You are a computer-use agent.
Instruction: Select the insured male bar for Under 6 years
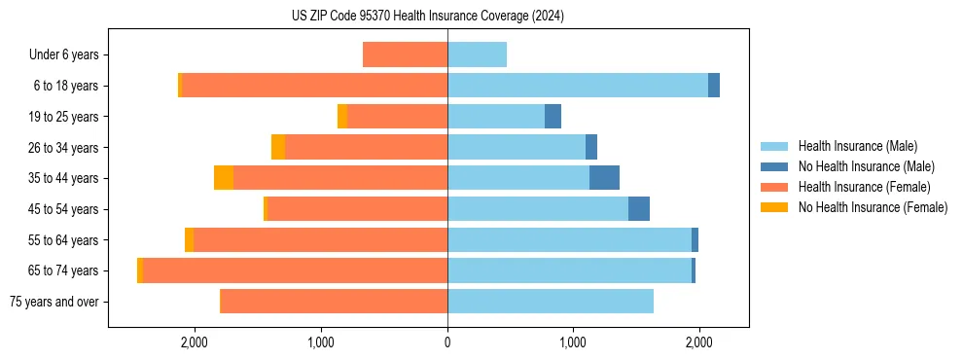[477, 54]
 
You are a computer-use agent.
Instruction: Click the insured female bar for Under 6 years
[405, 54]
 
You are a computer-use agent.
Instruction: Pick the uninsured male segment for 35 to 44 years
[604, 178]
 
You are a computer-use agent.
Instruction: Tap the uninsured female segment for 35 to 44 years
[224, 178]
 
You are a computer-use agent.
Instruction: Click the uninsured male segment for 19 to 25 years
[553, 117]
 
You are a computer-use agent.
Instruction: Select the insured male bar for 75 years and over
[551, 302]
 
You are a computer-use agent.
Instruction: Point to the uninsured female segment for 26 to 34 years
[278, 147]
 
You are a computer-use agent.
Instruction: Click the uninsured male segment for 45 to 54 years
[638, 209]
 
